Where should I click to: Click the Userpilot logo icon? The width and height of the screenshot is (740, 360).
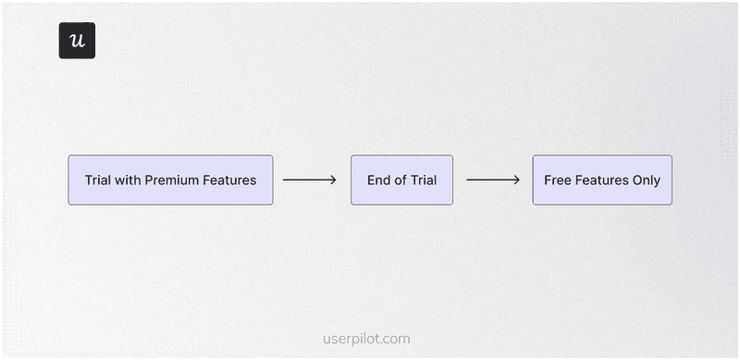tap(77, 41)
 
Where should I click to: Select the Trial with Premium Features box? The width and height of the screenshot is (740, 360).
tap(170, 180)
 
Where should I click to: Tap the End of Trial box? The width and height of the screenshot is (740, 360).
tap(401, 180)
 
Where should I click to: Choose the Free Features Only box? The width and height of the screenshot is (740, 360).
tap(602, 180)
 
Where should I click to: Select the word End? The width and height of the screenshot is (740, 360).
tap(379, 180)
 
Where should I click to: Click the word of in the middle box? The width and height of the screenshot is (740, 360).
tap(401, 180)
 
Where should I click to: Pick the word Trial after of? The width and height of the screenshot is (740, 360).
tap(423, 180)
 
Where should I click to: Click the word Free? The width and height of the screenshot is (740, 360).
tap(558, 180)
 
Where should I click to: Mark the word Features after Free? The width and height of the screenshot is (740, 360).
tap(601, 180)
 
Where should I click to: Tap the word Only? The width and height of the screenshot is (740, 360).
tap(646, 180)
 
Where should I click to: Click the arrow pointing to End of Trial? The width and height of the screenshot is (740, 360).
tap(310, 180)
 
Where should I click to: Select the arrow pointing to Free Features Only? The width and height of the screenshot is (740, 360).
tap(493, 180)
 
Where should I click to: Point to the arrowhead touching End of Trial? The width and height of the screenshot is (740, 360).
tap(334, 180)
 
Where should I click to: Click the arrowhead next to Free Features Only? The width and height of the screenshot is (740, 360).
tap(517, 180)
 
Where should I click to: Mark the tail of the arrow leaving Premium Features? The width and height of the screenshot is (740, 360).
tap(285, 180)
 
